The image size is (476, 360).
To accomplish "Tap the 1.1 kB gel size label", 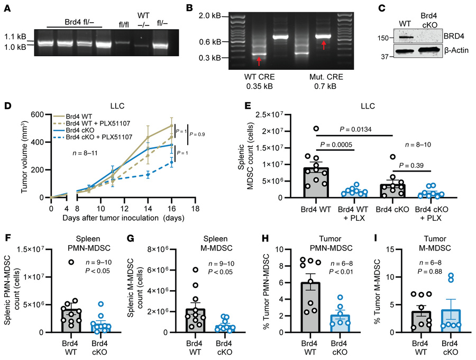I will tap(12, 38).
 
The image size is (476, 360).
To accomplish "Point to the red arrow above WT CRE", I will tap(259, 62).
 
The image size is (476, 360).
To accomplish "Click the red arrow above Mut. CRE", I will tap(324, 45).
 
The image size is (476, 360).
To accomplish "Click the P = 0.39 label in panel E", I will tap(410, 164).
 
